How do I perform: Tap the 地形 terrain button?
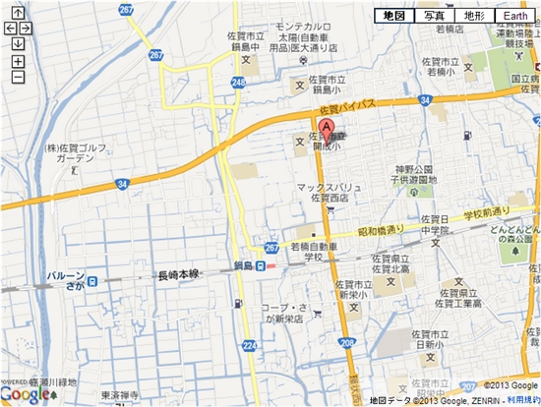[474, 17]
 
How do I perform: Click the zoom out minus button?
[18, 77]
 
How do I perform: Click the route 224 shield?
[249, 346]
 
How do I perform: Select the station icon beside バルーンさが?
[91, 281]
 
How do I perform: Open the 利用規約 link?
[523, 400]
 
